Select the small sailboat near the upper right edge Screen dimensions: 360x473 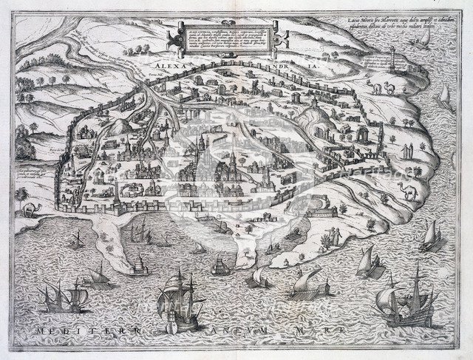coord(444,95)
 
